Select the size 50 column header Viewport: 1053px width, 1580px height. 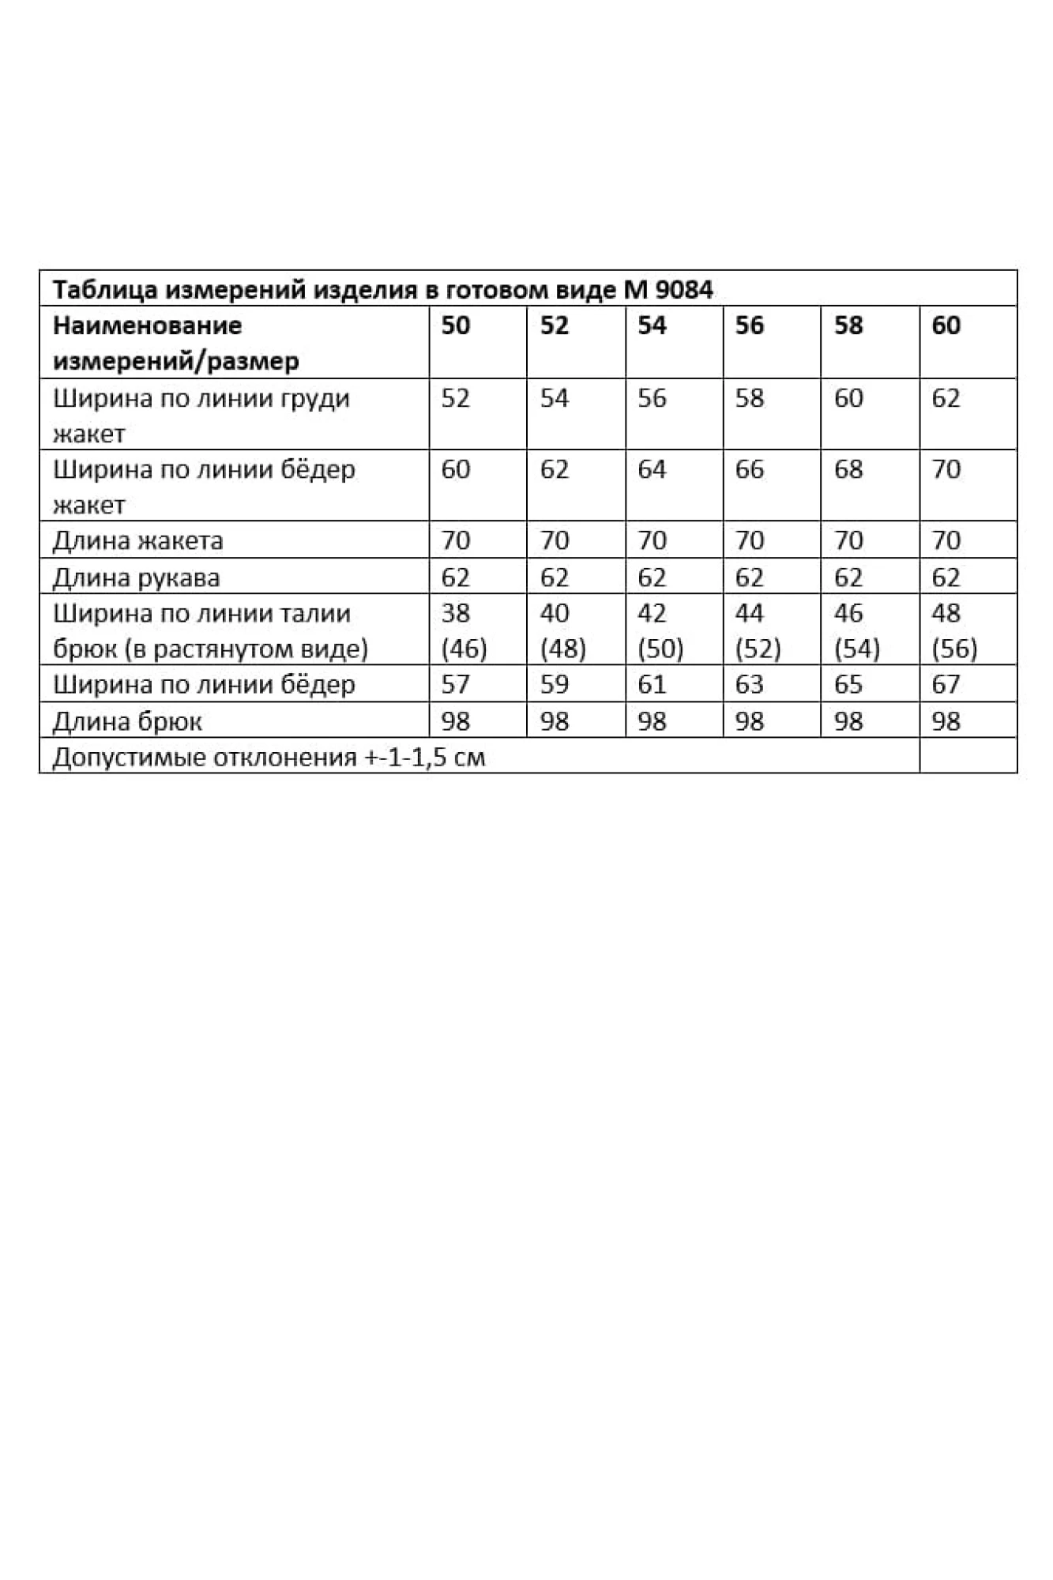456,325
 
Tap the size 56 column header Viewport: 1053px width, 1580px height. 750,325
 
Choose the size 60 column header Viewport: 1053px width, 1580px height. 946,325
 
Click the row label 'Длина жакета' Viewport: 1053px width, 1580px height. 137,541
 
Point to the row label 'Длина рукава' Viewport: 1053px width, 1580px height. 136,578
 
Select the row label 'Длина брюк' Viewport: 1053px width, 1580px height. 127,721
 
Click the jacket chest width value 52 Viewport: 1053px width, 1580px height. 456,398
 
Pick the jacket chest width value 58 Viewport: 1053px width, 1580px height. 750,398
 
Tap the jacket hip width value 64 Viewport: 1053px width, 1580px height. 652,469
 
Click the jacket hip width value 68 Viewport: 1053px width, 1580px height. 848,469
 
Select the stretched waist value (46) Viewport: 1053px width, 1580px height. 464,649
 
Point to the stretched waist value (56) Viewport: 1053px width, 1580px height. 954,649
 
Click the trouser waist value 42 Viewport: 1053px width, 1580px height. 652,613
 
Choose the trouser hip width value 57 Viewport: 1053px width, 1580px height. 456,684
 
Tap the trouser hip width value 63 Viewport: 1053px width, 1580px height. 750,684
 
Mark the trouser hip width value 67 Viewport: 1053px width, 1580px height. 946,684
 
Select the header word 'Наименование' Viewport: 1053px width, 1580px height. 147,325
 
